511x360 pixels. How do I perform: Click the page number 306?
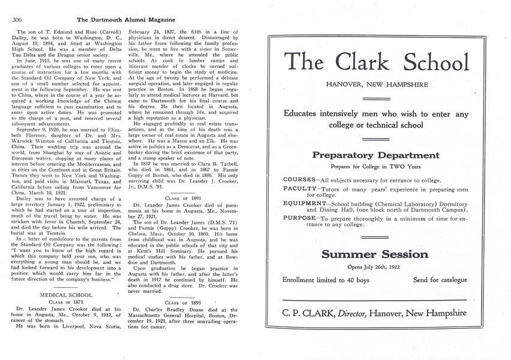coord(17,19)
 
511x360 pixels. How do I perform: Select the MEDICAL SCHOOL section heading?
coord(66,295)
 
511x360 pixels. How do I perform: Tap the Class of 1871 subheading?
coord(66,303)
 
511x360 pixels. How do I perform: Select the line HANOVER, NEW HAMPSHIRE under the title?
coord(377,85)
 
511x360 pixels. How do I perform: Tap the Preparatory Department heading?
coord(377,155)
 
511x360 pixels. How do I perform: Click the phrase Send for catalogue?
coord(440,280)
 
